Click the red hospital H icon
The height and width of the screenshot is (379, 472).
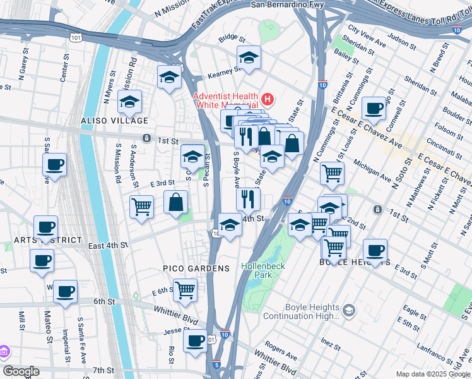(268, 100)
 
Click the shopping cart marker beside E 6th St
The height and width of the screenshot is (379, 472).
(185, 290)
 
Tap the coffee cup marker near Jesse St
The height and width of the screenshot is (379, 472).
(195, 341)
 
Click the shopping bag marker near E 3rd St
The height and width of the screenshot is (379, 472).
(176, 202)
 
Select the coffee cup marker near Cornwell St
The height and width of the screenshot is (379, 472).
(374, 108)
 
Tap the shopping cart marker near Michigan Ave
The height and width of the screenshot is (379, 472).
(332, 172)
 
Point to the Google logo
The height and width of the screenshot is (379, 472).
(21, 371)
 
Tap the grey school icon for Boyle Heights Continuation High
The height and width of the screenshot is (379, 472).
(348, 310)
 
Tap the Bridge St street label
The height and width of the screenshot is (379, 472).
(232, 39)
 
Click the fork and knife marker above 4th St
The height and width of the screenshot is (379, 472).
(248, 198)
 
